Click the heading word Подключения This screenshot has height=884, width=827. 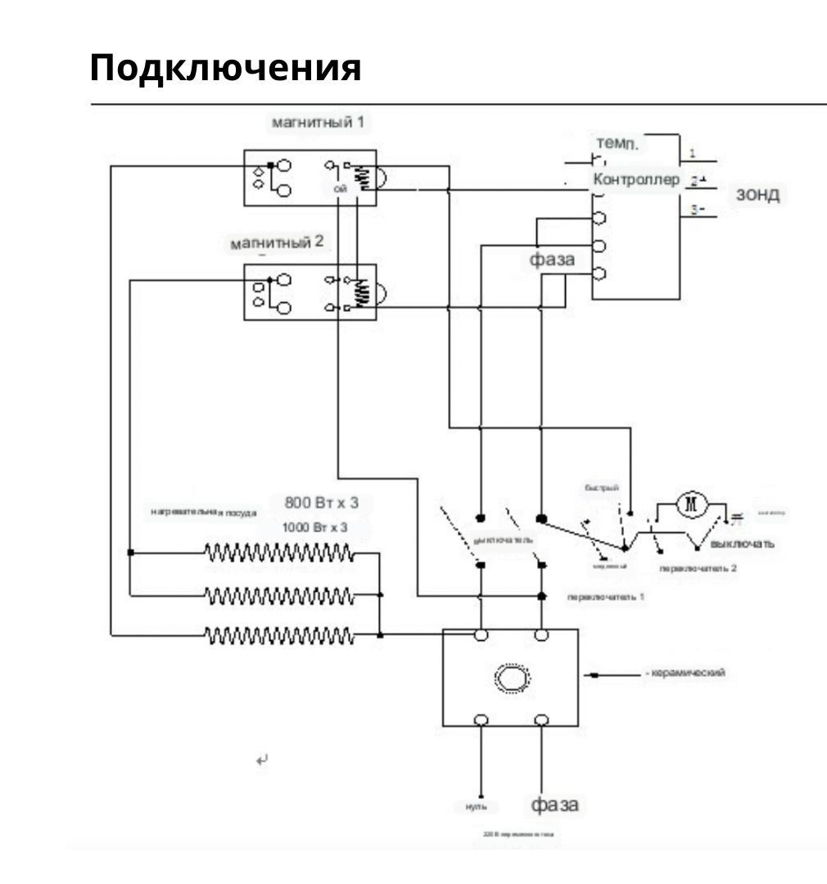pyautogui.click(x=225, y=68)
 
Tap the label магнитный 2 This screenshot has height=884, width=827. pyautogui.click(x=277, y=243)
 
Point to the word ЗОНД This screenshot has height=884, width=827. pyautogui.click(x=757, y=195)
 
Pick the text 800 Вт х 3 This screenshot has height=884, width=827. pyautogui.click(x=322, y=502)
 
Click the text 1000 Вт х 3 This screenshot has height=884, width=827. pyautogui.click(x=315, y=527)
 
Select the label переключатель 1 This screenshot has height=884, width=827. pyautogui.click(x=605, y=597)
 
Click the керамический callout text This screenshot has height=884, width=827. pyautogui.click(x=686, y=673)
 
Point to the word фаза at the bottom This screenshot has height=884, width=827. pyautogui.click(x=555, y=804)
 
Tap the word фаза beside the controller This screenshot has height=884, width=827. pyautogui.click(x=550, y=260)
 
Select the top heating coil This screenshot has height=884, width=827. pyautogui.click(x=279, y=553)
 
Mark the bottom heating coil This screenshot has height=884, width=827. pyautogui.click(x=279, y=634)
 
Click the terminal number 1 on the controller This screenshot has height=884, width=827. pyautogui.click(x=693, y=153)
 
